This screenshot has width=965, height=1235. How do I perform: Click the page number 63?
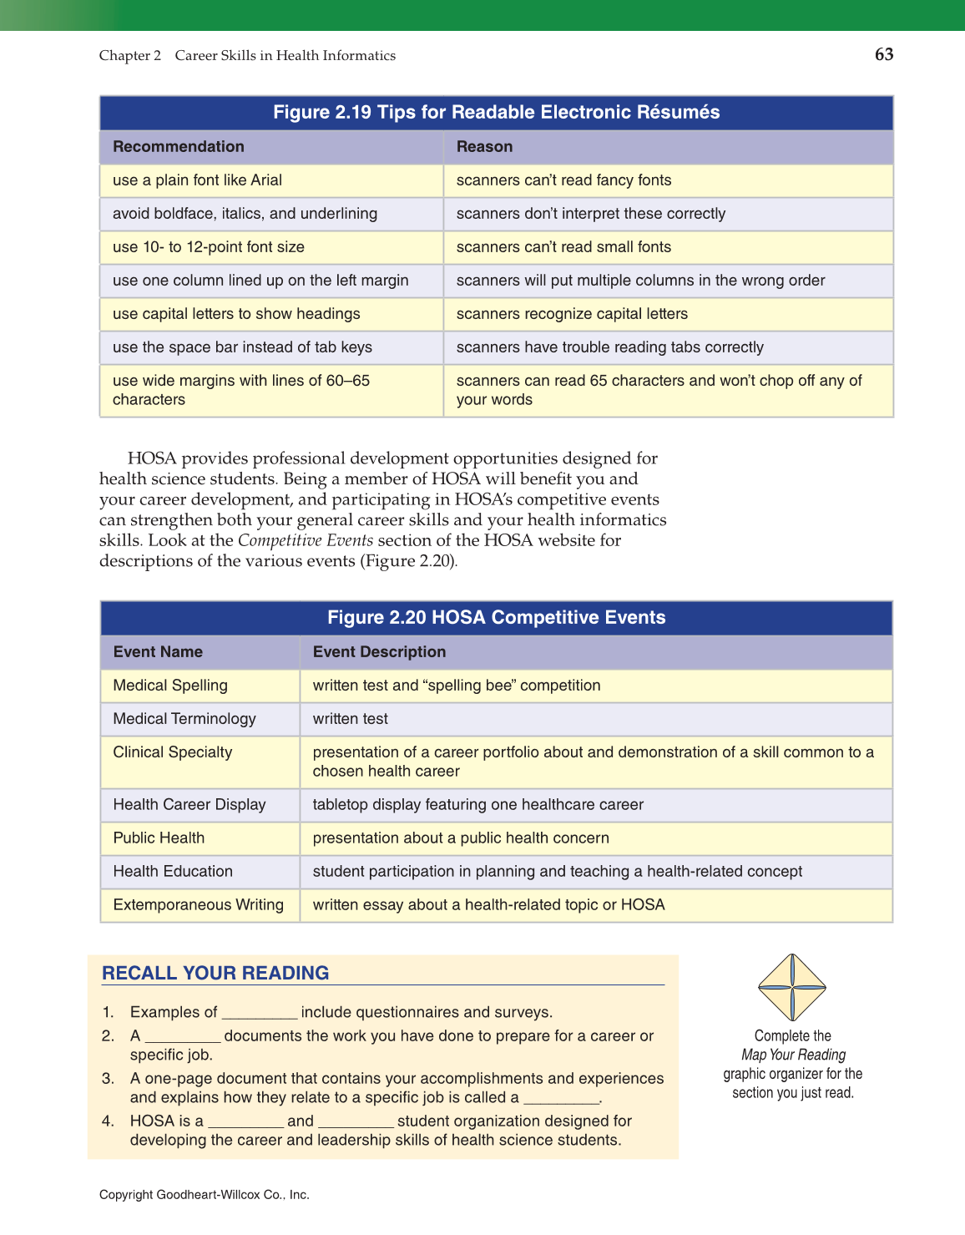[x=883, y=55]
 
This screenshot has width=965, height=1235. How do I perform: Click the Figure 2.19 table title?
[x=496, y=113]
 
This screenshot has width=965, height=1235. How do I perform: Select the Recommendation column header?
[x=179, y=147]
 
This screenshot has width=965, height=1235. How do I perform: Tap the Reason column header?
[x=484, y=147]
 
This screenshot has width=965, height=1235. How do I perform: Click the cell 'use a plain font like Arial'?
[x=197, y=180]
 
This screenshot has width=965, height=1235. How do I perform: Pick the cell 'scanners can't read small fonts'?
[x=563, y=247]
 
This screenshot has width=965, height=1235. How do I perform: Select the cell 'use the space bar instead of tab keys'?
[x=242, y=347]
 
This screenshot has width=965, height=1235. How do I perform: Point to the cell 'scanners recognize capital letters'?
[x=572, y=314]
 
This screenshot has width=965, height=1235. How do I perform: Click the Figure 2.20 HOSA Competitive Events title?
[x=496, y=618]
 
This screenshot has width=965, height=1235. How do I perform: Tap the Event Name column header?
[x=158, y=652]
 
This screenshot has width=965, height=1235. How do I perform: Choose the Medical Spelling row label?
[x=170, y=686]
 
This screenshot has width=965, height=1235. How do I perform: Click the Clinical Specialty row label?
[x=173, y=752]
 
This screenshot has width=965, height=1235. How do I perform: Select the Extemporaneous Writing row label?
[x=199, y=905]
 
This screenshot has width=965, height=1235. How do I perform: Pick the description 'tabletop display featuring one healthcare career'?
[x=477, y=805]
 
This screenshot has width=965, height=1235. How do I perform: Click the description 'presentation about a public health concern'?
[x=461, y=838]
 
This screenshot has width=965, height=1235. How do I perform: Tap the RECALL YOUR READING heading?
[x=215, y=973]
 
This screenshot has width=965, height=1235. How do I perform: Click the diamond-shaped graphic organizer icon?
[x=791, y=987]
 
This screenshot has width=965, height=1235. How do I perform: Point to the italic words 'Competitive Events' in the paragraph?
[x=306, y=540]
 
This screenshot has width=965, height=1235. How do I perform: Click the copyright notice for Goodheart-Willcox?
[x=205, y=1195]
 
